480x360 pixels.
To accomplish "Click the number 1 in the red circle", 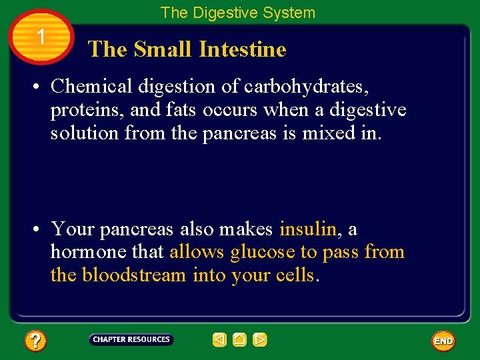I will pyautogui.click(x=41, y=37).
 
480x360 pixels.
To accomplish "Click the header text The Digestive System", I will pyautogui.click(x=237, y=13).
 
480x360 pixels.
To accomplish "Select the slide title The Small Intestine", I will pyautogui.click(x=187, y=49).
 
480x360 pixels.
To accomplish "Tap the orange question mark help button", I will pyautogui.click(x=35, y=341).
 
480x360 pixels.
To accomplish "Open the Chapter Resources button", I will pyautogui.click(x=131, y=340).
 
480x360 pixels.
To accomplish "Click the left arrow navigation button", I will pyautogui.click(x=219, y=340).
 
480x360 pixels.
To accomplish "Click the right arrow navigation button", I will pyautogui.click(x=260, y=340).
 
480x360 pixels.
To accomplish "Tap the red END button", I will pyautogui.click(x=443, y=341).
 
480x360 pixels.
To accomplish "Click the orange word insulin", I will pyautogui.click(x=308, y=229).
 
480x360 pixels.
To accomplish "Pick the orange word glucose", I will pyautogui.click(x=262, y=252).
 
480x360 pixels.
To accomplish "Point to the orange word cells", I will pyautogui.click(x=294, y=275).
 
